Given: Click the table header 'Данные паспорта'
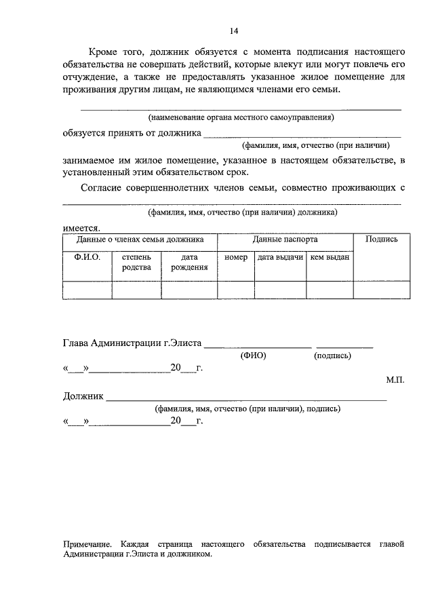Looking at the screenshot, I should pos(285,239).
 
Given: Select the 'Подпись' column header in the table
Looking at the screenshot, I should pos(381,239).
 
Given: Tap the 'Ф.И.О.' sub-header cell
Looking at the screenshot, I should pos(87,258).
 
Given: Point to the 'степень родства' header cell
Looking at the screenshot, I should pos(136,263).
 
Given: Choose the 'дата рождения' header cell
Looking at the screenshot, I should pos(189,263).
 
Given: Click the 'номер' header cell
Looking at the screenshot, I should pos(235,258).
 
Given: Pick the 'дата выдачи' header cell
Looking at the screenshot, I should pos(279,258).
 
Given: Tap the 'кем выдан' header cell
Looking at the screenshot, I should pos(329,258).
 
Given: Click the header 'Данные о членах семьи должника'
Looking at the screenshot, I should pos(140,239).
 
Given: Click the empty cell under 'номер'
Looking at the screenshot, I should pos(235,290).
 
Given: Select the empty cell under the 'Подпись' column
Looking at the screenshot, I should pos(381,290).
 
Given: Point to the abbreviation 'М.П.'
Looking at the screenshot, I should pos(395,381).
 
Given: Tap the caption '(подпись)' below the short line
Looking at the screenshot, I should pos(332,355).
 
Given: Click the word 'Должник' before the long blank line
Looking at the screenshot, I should pos(83,397).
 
